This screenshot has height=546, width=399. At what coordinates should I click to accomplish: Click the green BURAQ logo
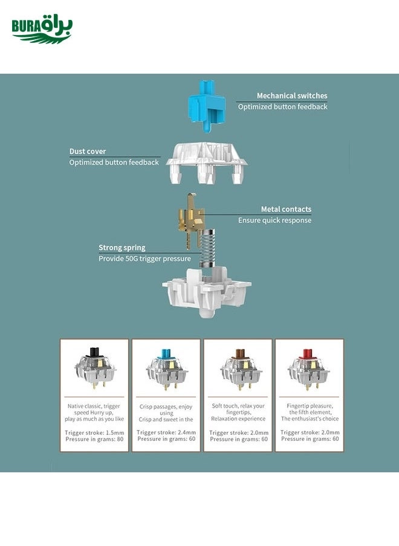click(x=42, y=30)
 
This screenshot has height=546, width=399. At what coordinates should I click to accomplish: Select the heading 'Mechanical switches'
click(x=292, y=95)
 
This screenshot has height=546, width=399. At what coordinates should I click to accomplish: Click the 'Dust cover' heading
click(x=88, y=152)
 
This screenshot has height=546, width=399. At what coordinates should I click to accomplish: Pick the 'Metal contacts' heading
click(x=286, y=209)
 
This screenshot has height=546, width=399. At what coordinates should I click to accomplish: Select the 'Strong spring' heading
click(x=122, y=248)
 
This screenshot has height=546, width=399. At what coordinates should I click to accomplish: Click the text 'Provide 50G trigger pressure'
click(x=145, y=259)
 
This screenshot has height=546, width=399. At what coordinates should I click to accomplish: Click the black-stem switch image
click(x=94, y=368)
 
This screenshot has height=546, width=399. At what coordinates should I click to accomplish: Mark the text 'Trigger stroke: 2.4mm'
click(x=166, y=432)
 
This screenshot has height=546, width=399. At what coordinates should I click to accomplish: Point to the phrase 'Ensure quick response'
click(x=274, y=220)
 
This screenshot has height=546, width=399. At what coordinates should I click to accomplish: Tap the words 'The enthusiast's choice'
click(x=310, y=419)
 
